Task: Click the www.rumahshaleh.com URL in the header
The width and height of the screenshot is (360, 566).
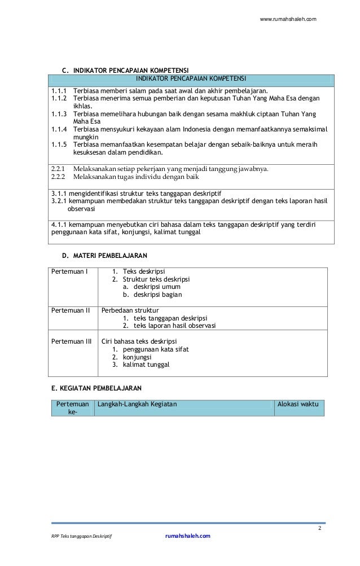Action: tap(288, 20)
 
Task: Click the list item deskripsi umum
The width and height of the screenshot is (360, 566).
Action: tap(149, 287)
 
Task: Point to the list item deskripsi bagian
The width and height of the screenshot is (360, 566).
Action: tap(151, 295)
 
